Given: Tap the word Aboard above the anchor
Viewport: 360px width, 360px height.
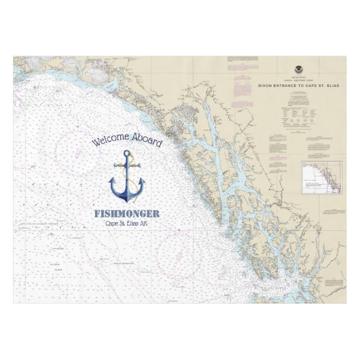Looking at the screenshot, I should coord(147,141).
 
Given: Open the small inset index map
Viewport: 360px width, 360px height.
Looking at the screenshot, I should coord(321,177).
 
